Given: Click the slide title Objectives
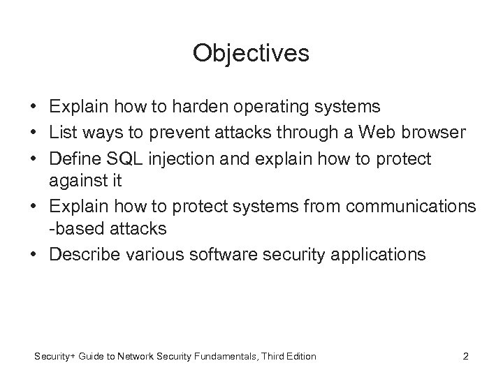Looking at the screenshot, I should pos(251,54).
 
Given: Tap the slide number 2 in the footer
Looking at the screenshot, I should pos(466,357).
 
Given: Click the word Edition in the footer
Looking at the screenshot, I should pos(300,357).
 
